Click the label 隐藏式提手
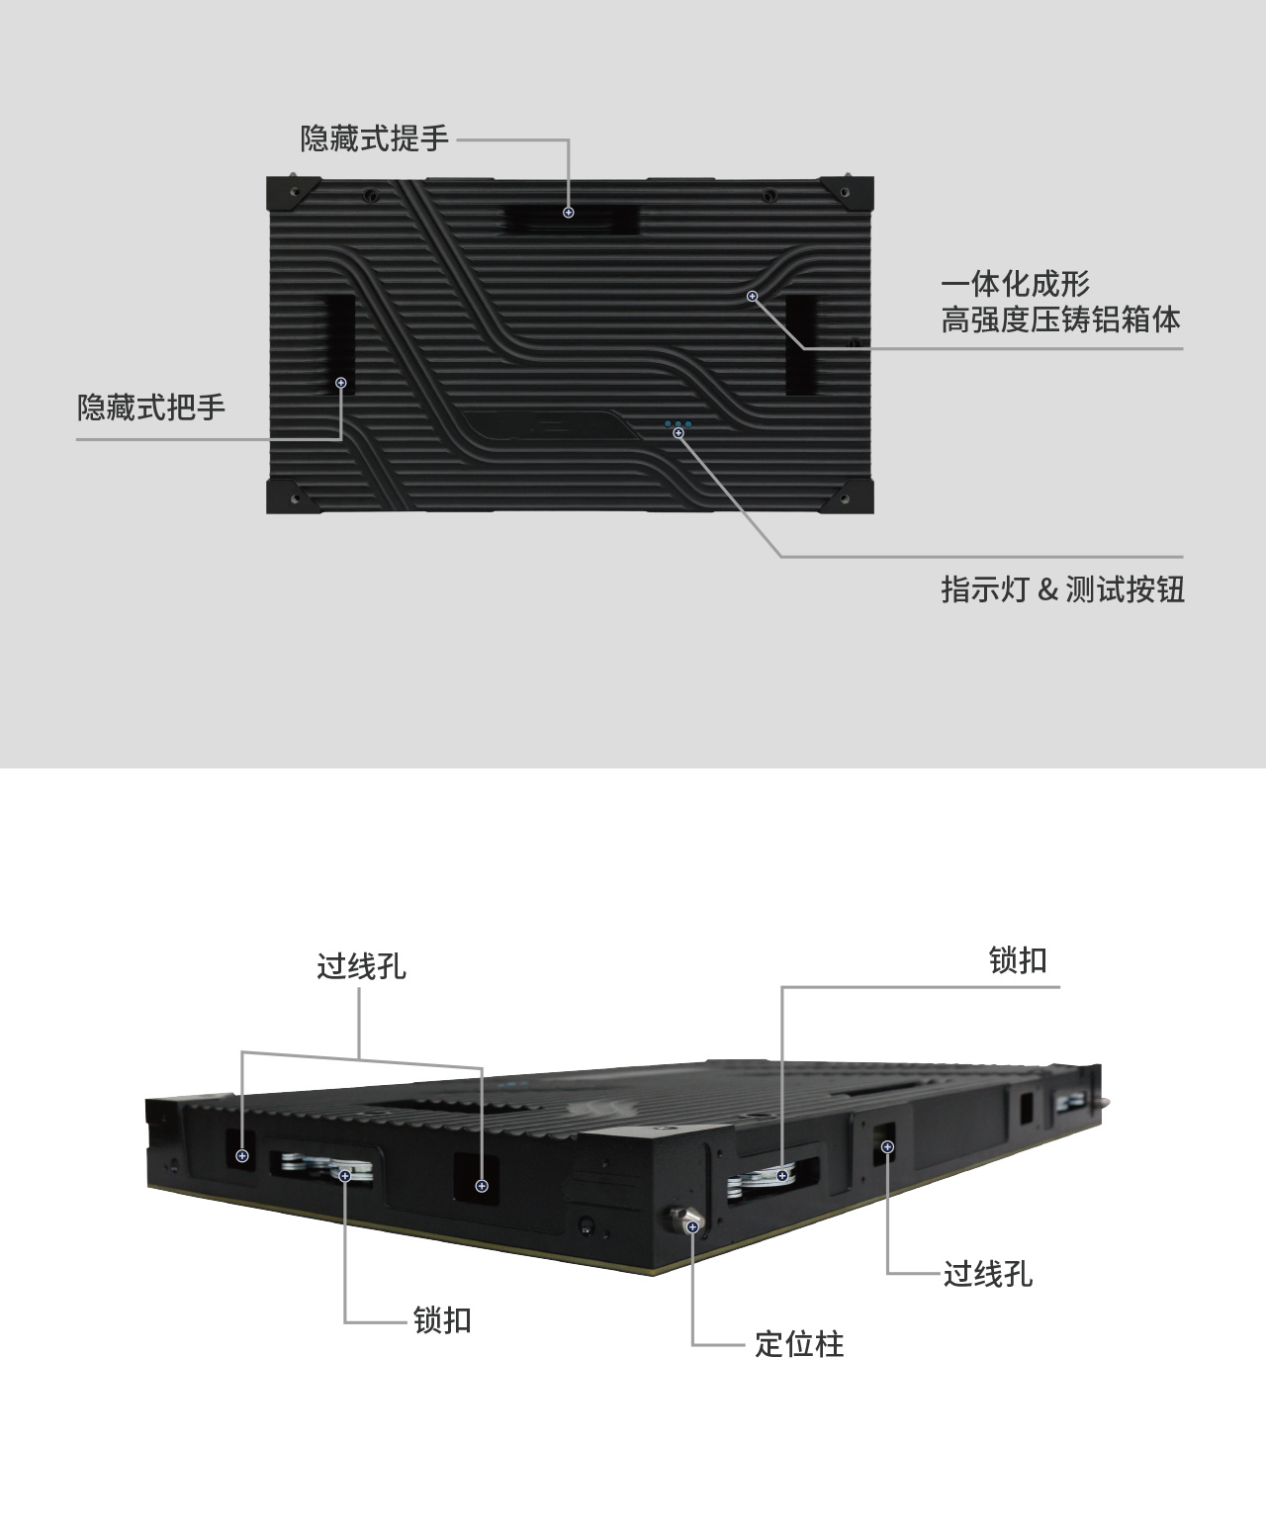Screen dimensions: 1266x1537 coord(374,138)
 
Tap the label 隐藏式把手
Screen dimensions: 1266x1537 coord(151,407)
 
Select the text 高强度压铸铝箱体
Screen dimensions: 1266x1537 coord(1060,319)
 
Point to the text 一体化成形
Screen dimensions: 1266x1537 coord(1015,284)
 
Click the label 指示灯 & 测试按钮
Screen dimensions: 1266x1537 coord(1062,589)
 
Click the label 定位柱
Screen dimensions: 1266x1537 coord(799,1344)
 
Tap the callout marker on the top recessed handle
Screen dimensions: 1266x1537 coord(569,213)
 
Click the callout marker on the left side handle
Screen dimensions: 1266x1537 coord(341,383)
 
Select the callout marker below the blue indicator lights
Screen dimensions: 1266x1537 coord(678,433)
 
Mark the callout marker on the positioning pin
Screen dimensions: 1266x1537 coord(692,1227)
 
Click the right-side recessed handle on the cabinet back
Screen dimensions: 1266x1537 coord(801,344)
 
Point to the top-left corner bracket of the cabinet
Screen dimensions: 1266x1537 coord(292,193)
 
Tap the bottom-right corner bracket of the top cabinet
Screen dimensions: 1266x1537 coord(848,497)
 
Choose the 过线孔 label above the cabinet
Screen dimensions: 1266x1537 coord(361,966)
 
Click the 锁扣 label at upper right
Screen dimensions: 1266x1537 coord(1018,960)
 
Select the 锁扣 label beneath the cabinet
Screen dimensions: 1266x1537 coord(442,1319)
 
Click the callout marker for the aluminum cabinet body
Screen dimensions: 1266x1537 coord(753,296)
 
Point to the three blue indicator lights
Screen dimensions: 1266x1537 coord(678,424)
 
